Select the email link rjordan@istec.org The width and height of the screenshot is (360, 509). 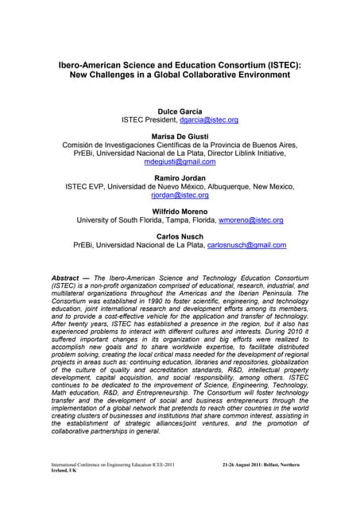tap(180, 195)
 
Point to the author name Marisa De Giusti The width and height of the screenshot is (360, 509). tap(180, 135)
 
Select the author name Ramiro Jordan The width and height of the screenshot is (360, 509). tap(180, 177)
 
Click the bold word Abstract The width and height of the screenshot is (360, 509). tap(67, 278)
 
